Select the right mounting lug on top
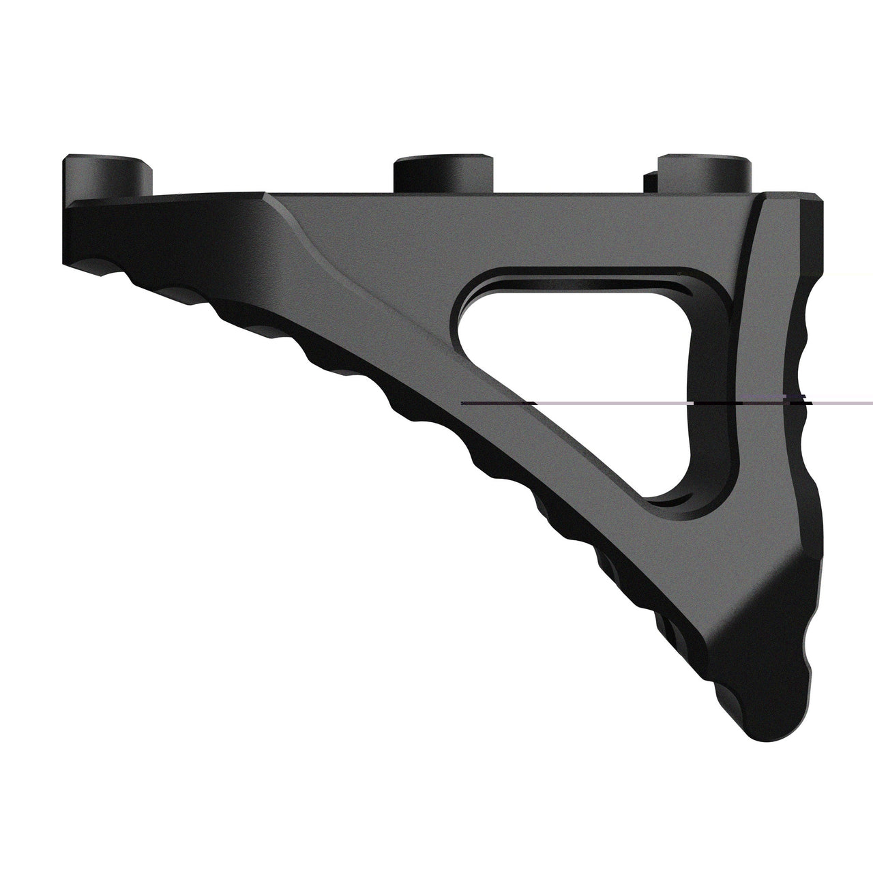point(702,174)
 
